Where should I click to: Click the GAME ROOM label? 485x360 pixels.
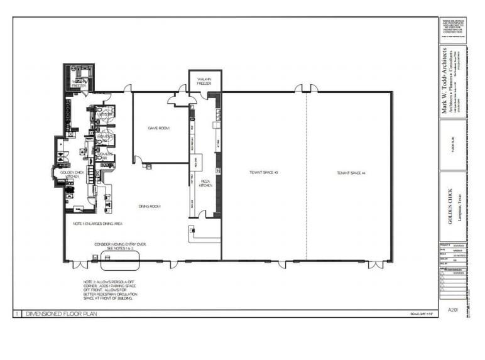click(159, 128)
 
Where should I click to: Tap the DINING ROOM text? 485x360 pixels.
click(150, 206)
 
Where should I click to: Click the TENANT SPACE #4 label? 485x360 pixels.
click(351, 172)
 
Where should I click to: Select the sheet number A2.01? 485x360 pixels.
click(451, 309)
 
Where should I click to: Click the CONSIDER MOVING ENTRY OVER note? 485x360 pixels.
click(120, 246)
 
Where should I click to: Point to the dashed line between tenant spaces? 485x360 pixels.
click(307, 176)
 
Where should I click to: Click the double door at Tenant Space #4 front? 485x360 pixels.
click(376, 265)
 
